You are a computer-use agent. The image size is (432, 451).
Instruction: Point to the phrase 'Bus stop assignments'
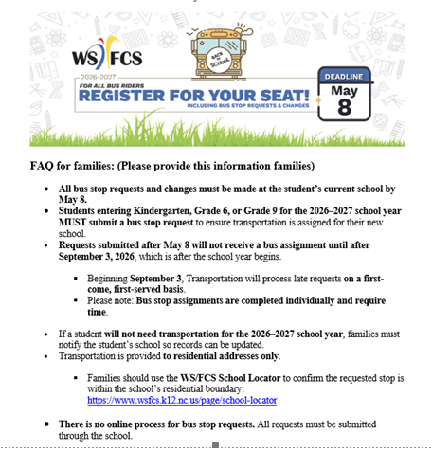184,299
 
